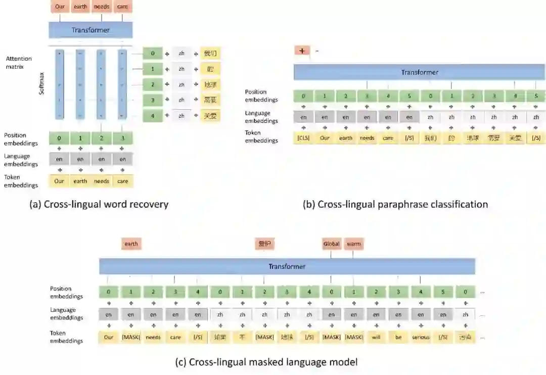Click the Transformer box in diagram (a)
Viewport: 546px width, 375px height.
click(90, 30)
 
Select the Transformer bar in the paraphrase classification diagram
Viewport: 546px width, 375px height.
click(419, 72)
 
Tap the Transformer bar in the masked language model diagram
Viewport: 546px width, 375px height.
click(287, 266)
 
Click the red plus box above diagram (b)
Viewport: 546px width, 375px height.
click(302, 51)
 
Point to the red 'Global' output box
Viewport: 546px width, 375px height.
click(332, 244)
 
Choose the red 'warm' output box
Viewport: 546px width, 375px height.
click(354, 244)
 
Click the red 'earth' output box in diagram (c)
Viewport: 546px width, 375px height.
click(131, 244)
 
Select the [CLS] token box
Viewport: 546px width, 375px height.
click(303, 137)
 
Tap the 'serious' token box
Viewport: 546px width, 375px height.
click(421, 337)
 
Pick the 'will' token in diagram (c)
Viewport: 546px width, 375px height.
click(376, 337)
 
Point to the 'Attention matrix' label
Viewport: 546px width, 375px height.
click(18, 63)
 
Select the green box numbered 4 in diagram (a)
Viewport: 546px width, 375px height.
click(152, 116)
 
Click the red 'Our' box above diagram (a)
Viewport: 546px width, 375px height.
click(59, 7)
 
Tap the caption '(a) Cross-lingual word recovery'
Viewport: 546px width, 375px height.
click(99, 204)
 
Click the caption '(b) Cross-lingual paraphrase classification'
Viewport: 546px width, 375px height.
click(395, 204)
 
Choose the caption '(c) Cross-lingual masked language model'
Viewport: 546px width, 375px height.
click(266, 362)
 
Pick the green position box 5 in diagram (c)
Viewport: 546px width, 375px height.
click(443, 292)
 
